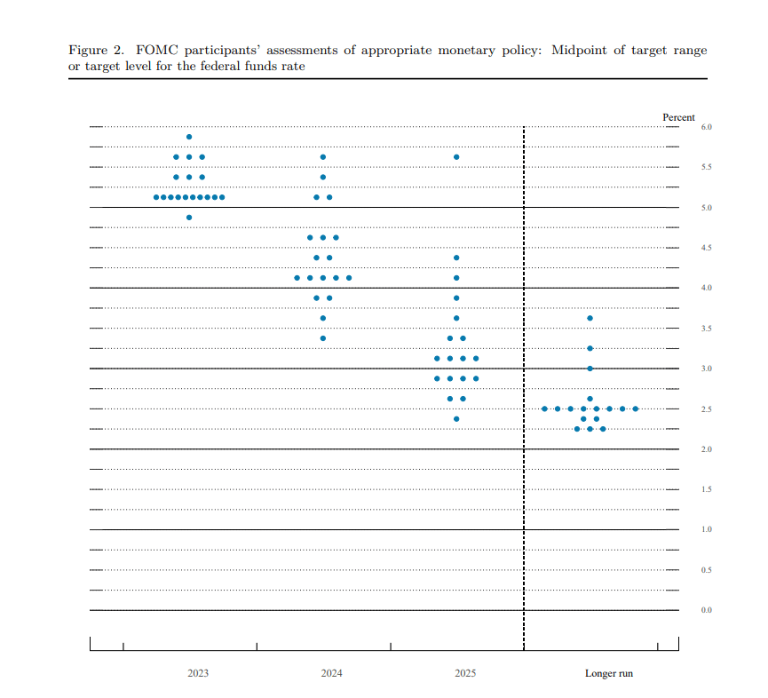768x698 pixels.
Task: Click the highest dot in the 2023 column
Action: (x=189, y=137)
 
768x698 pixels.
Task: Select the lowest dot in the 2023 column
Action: (x=189, y=218)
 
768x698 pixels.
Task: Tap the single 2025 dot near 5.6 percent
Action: (x=456, y=157)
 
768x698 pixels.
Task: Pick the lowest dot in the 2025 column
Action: (x=456, y=419)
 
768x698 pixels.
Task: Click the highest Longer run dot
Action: (x=590, y=318)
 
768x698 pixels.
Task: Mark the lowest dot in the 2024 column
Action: (x=322, y=338)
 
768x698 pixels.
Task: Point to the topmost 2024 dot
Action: (x=322, y=157)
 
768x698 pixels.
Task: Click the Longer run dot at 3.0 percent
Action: (x=590, y=368)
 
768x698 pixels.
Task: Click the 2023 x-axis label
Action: (x=198, y=673)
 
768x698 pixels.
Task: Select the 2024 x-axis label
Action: (x=331, y=673)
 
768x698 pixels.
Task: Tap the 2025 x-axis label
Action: (x=465, y=673)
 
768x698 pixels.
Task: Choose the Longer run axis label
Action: (x=609, y=673)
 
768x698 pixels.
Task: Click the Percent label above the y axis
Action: (x=678, y=117)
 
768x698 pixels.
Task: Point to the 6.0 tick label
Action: (x=707, y=128)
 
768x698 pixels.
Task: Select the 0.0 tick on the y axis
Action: (x=707, y=610)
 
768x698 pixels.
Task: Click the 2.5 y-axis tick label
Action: (x=707, y=409)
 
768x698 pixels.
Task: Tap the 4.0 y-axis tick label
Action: (x=707, y=289)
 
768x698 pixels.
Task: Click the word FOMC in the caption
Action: (x=155, y=51)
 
